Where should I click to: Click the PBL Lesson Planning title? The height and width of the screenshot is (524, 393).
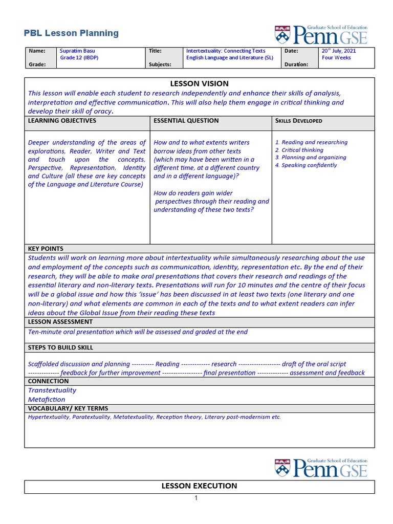[71, 33]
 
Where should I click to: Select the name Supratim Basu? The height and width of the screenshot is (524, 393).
[77, 51]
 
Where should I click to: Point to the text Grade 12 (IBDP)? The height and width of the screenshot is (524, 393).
[79, 58]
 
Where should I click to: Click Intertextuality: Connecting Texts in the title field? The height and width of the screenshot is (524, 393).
[226, 51]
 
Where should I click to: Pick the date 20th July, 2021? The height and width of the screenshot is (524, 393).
[338, 51]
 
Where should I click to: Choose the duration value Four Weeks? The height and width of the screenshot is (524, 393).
[336, 58]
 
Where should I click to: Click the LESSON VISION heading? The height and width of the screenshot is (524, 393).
[199, 83]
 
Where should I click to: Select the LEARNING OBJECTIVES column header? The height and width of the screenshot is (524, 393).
[62, 121]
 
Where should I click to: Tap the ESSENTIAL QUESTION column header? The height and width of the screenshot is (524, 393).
[186, 121]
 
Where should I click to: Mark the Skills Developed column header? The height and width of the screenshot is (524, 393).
[299, 121]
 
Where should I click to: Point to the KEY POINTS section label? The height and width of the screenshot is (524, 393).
[45, 249]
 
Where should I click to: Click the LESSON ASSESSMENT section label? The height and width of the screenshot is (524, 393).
[60, 322]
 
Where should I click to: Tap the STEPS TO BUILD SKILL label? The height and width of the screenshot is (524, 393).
[60, 347]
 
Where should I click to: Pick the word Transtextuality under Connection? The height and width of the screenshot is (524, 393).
[52, 390]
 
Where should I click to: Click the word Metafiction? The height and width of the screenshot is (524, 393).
[47, 399]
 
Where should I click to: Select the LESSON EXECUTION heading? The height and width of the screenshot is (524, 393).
[199, 486]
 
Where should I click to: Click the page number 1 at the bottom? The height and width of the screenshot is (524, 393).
[196, 498]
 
